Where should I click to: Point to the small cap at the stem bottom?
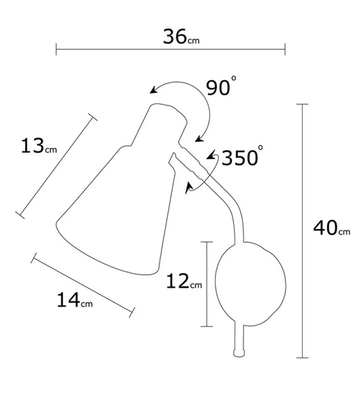238,353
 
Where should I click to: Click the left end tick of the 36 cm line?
56,50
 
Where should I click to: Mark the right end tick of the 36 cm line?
285,50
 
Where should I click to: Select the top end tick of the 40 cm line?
303,104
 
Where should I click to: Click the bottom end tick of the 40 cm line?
303,357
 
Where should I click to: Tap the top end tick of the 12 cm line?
206,242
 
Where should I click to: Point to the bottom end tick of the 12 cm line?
206,326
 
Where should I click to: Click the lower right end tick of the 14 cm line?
133,311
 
